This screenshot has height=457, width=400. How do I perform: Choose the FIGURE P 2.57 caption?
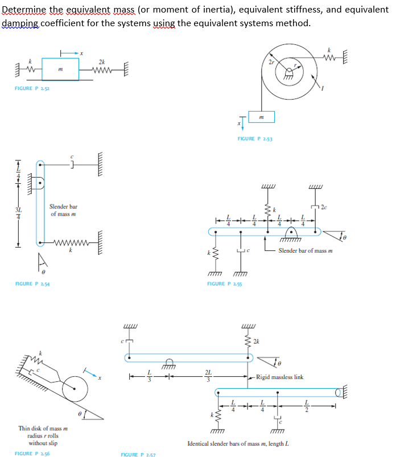click(138, 454)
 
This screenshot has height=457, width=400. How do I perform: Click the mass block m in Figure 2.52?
click(61, 68)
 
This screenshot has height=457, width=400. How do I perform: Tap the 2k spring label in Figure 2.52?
click(101, 61)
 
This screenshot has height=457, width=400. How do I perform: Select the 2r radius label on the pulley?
click(271, 61)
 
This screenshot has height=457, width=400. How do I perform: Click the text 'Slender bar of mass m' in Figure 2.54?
click(63, 210)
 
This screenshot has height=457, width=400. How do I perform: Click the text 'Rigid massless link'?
click(279, 377)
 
